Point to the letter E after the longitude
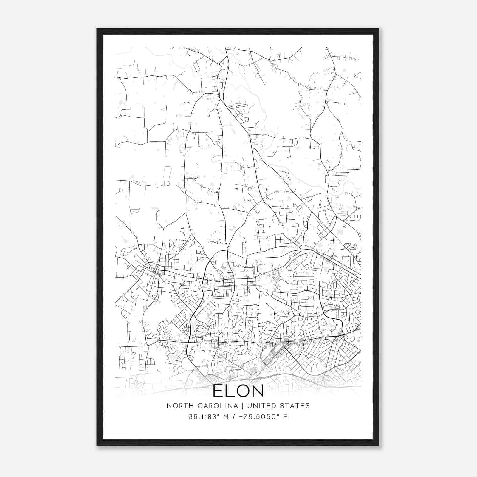(x=286, y=417)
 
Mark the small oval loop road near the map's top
(x=196, y=66)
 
